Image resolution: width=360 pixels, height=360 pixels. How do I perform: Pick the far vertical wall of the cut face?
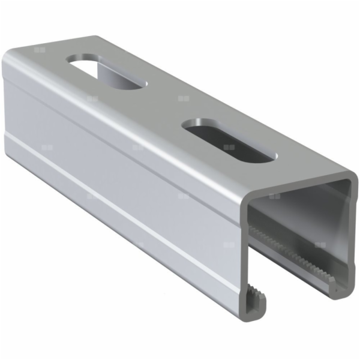(349, 240)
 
